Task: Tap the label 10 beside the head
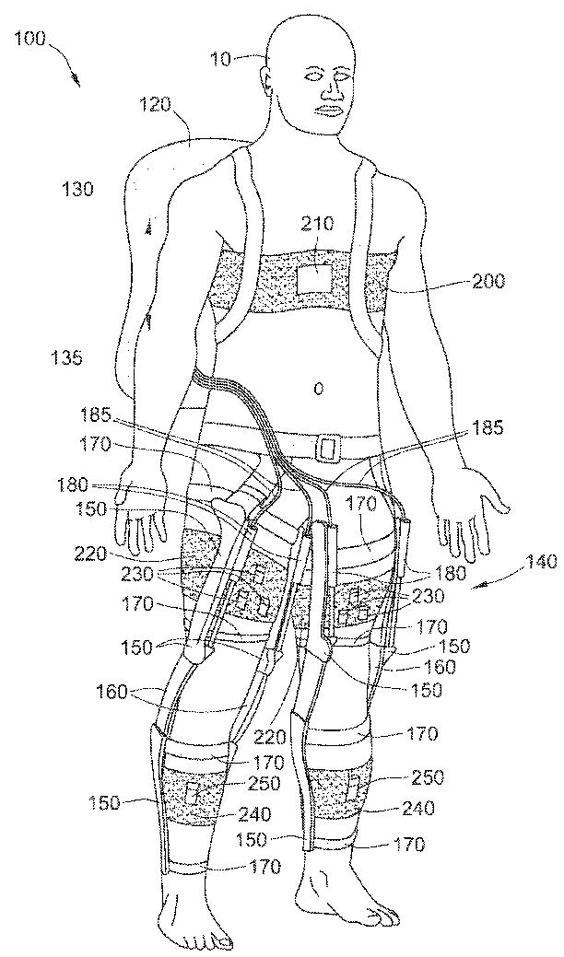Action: pyautogui.click(x=222, y=60)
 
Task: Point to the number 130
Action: pyautogui.click(x=74, y=190)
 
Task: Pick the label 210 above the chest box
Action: pyautogui.click(x=317, y=223)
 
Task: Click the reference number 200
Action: pyautogui.click(x=486, y=281)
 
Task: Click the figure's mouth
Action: pyautogui.click(x=331, y=110)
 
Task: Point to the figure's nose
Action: pyautogui.click(x=330, y=89)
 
